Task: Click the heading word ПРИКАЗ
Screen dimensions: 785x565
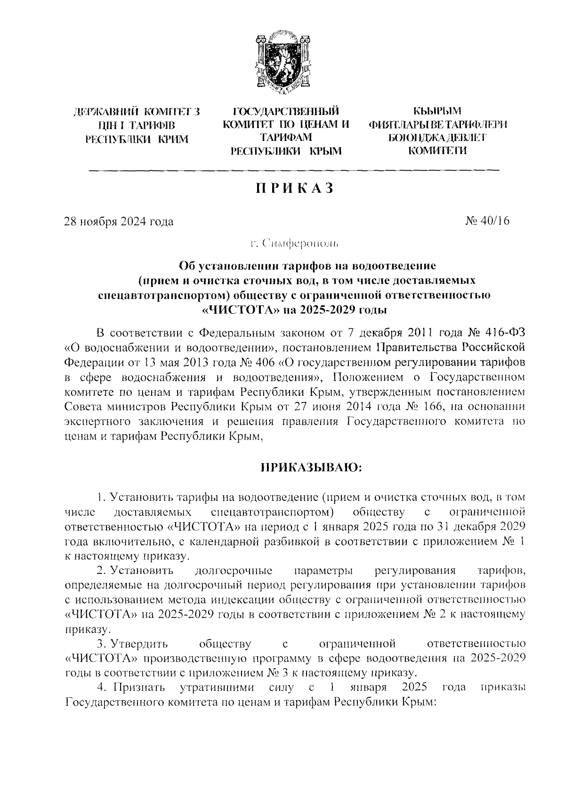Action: pos(295,188)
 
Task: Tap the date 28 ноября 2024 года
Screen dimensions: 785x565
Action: pos(119,221)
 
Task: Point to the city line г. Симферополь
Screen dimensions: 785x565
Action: pos(294,244)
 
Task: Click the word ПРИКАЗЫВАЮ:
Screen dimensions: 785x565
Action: pos(311,467)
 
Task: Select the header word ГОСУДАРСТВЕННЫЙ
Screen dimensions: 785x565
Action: pos(286,112)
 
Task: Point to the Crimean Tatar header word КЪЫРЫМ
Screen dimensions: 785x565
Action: pos(437,112)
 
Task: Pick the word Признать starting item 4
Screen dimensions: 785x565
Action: pos(138,687)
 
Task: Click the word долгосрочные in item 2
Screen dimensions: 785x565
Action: pos(233,571)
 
